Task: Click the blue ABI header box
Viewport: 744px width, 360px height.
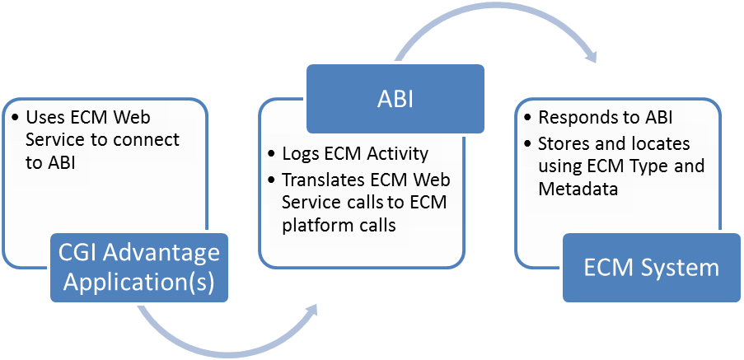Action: (x=395, y=99)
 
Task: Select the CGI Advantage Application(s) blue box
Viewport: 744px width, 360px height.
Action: (x=139, y=268)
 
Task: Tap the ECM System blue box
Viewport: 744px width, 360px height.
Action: (x=652, y=268)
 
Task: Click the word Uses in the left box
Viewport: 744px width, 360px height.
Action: (x=42, y=117)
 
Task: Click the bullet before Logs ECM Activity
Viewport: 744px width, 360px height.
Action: (x=271, y=155)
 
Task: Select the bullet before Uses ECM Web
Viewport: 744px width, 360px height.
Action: (x=15, y=117)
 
